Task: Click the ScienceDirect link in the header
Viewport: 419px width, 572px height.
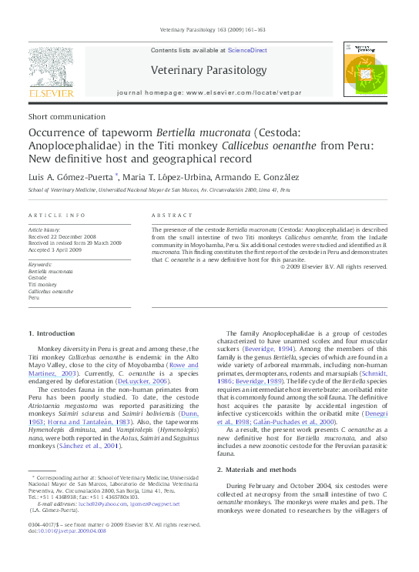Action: click(x=247, y=50)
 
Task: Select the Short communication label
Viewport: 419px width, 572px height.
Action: click(x=63, y=116)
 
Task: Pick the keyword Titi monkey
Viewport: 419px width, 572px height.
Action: click(x=44, y=285)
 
